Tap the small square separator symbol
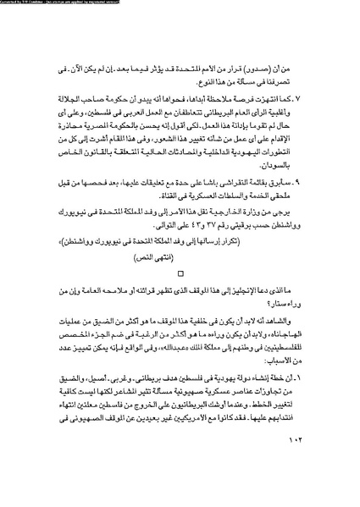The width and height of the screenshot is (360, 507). [x=180, y=273]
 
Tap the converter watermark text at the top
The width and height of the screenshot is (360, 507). [x=68, y=3]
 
